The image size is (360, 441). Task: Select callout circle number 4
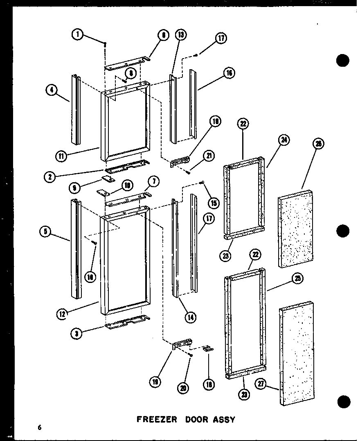[52, 90]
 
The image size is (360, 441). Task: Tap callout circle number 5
[45, 232]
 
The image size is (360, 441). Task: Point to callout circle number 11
[61, 156]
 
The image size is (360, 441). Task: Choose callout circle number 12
[62, 314]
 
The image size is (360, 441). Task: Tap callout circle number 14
[190, 316]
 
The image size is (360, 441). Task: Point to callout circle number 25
[297, 279]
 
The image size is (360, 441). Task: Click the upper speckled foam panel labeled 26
[296, 229]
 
